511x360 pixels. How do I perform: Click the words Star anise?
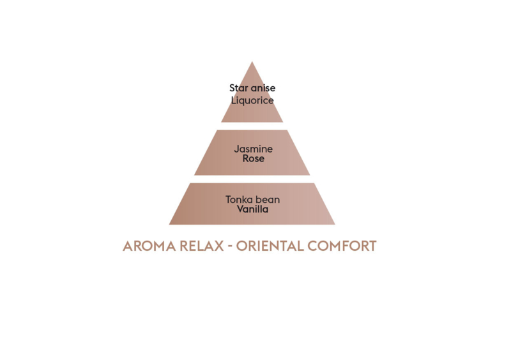pyautogui.click(x=252, y=88)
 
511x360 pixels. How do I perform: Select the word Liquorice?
pyautogui.click(x=252, y=100)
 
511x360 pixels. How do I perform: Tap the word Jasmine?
pyautogui.click(x=253, y=149)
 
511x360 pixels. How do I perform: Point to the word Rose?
pyautogui.click(x=253, y=159)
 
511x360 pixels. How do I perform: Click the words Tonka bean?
pyautogui.click(x=252, y=199)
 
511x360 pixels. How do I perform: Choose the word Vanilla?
pyautogui.click(x=252, y=209)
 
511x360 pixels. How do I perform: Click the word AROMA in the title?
pyautogui.click(x=149, y=246)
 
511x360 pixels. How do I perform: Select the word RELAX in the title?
pyautogui.click(x=201, y=246)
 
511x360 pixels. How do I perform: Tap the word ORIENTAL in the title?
pyautogui.click(x=270, y=246)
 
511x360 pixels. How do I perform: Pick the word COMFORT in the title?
pyautogui.click(x=342, y=246)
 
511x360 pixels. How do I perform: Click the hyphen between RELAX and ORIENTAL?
pyautogui.click(x=230, y=246)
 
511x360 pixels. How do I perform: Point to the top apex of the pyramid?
pyautogui.click(x=252, y=61)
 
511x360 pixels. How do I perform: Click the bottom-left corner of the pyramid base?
pyautogui.click(x=169, y=225)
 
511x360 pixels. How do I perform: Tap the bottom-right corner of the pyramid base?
pyautogui.click(x=335, y=225)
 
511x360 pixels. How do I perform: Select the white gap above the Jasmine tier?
pyautogui.click(x=252, y=126)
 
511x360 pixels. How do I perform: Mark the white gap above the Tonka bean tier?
pyautogui.click(x=252, y=179)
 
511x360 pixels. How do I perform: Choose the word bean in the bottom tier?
pyautogui.click(x=267, y=199)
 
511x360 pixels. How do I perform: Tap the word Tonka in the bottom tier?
pyautogui.click(x=239, y=199)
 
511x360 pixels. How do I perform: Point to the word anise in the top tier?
pyautogui.click(x=263, y=88)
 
